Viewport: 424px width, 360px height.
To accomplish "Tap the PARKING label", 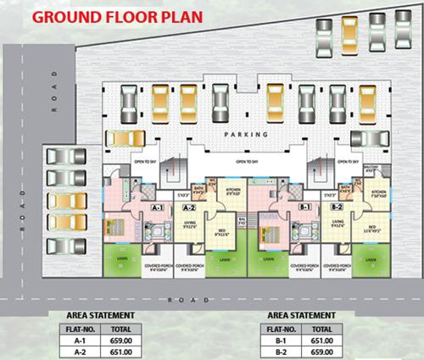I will coord(246,135).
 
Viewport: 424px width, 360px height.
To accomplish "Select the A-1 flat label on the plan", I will coord(158,207).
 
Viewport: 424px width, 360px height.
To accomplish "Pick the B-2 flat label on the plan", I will coord(337,207).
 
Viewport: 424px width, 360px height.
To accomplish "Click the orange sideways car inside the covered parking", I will coord(126,138).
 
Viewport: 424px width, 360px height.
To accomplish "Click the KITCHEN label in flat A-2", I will coord(233,191).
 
